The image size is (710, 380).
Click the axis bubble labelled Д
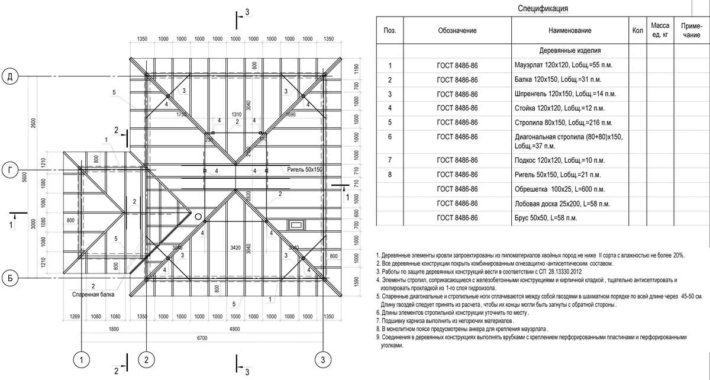coord(10,77)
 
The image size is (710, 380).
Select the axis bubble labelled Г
coord(10,170)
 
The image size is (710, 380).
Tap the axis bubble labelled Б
coord(10,276)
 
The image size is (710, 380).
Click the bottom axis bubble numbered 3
coord(322,359)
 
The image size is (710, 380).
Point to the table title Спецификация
coord(543,8)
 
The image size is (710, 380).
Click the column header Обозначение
coord(457,31)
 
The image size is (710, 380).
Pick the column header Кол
coord(637,31)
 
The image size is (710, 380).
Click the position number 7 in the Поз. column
coord(389,160)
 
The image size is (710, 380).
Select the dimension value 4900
coord(235,329)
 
